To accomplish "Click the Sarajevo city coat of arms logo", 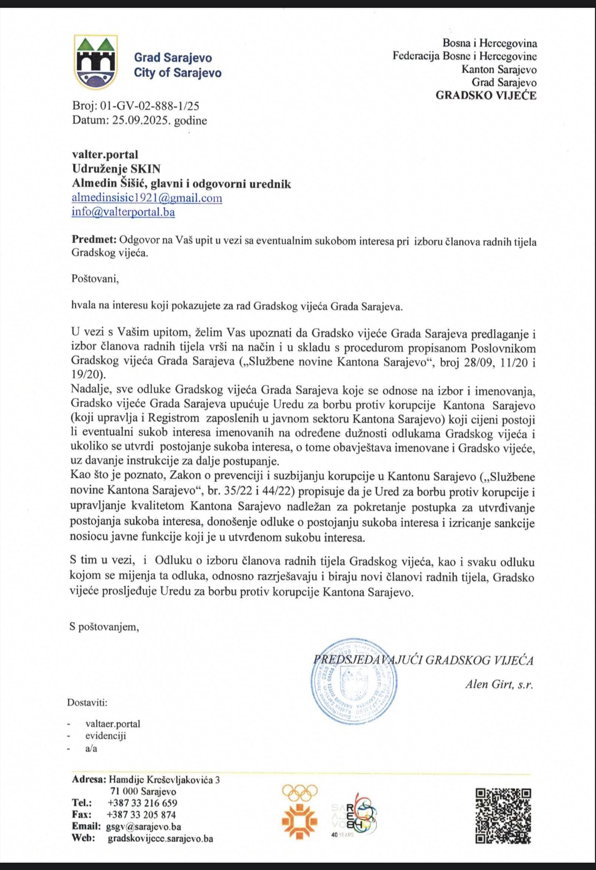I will pyautogui.click(x=96, y=62).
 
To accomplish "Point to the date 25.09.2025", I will pyautogui.click(x=141, y=120).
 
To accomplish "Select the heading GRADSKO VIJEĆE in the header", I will pyautogui.click(x=486, y=95).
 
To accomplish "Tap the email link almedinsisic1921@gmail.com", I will pyautogui.click(x=147, y=198).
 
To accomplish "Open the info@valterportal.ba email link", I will pyautogui.click(x=123, y=212).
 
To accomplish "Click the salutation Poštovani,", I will pyautogui.click(x=95, y=279).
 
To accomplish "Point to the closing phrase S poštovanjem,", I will pyautogui.click(x=104, y=627).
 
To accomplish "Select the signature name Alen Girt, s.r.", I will pyautogui.click(x=499, y=684).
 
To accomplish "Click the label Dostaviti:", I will pyautogui.click(x=87, y=703).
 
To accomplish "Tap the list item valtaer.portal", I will pyautogui.click(x=113, y=724).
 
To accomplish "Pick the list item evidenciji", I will pyautogui.click(x=105, y=736).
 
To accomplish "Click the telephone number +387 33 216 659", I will pyautogui.click(x=142, y=803).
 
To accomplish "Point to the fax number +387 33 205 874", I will pyautogui.click(x=141, y=814).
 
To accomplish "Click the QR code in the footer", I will pyautogui.click(x=503, y=816).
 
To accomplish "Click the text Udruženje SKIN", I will pyautogui.click(x=116, y=169).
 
